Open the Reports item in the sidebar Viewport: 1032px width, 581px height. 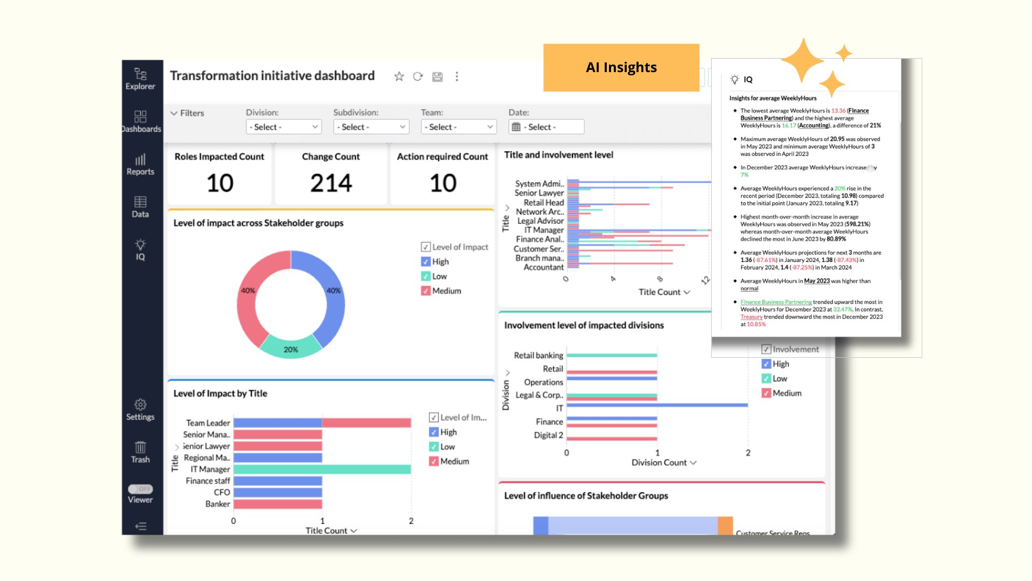point(140,160)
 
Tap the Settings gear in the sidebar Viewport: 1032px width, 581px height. point(140,405)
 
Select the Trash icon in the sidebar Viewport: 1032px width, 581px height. point(140,448)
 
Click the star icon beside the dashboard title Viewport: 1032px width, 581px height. point(399,76)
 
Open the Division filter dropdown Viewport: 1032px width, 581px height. point(283,127)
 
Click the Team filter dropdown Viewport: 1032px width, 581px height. point(458,127)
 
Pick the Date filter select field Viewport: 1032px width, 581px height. point(546,127)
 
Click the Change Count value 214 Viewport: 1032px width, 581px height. point(331,183)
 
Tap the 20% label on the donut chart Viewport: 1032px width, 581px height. point(291,350)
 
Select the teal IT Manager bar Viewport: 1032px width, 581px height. point(322,469)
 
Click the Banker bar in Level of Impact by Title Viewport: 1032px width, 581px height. point(277,504)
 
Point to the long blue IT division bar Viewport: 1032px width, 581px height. point(657,405)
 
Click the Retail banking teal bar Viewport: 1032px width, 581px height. point(612,355)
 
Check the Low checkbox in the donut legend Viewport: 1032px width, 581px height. point(426,277)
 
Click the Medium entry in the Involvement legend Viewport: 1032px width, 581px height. point(787,393)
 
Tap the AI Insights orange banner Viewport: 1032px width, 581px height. point(621,67)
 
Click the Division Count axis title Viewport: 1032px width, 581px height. point(659,463)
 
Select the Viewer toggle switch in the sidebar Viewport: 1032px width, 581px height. point(140,489)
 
